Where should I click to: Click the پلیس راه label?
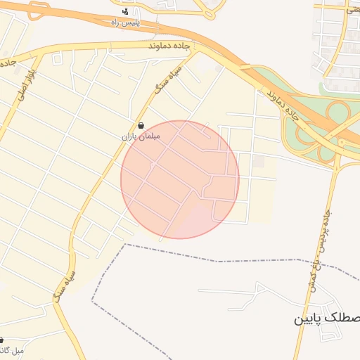[x=126, y=23]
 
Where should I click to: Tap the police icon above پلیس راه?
[x=125, y=11]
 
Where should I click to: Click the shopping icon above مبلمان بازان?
[x=142, y=125]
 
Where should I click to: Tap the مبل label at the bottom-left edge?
[x=12, y=349]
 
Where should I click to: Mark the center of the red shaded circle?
[x=180, y=179]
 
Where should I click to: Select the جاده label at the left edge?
[x=8, y=62]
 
